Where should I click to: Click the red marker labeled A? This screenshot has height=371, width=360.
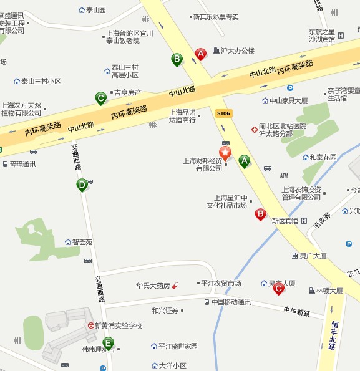tap(201, 54)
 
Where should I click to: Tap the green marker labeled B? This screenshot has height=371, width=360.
tap(177, 59)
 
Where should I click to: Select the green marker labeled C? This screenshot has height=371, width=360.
tap(100, 98)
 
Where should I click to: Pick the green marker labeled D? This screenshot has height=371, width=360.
tap(82, 185)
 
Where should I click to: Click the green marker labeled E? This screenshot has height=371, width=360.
tap(109, 342)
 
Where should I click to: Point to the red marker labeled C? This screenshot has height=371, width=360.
tap(279, 287)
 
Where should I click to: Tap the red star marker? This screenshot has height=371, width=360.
tap(225, 152)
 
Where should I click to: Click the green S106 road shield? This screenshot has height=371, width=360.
tap(223, 113)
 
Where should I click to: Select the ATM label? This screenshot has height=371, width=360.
tap(284, 176)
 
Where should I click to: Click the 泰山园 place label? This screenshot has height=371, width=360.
tap(95, 10)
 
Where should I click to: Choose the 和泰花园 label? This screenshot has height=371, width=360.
tap(323, 157)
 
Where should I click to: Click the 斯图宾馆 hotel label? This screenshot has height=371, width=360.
tap(285, 220)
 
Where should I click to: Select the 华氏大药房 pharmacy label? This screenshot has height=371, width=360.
tap(153, 286)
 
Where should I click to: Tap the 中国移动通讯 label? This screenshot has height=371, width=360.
tap(231, 302)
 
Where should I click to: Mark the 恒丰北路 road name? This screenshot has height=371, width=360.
tap(333, 335)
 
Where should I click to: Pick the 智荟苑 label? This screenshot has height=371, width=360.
tap(82, 242)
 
